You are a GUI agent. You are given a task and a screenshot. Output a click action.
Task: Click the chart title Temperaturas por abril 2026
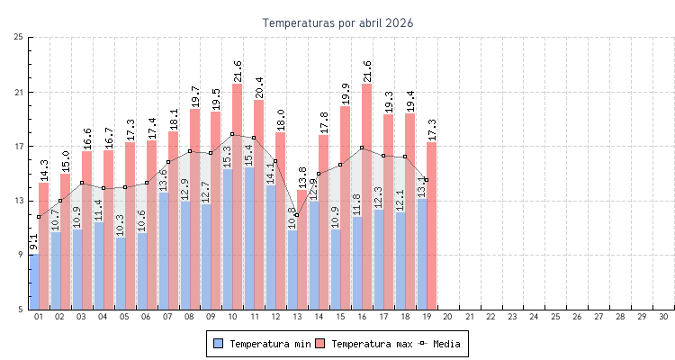point(337,22)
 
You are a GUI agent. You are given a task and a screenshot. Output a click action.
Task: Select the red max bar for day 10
point(238,198)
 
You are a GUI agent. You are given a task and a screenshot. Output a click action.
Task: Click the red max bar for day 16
point(367,198)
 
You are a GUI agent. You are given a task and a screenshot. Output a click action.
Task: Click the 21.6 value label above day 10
point(238,71)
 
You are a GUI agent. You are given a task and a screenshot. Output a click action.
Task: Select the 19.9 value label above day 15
point(346,94)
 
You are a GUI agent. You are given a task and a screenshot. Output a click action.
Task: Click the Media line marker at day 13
point(297,216)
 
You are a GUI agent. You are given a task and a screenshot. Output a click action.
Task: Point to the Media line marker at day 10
point(232,134)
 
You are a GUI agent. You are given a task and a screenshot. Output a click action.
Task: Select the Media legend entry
point(440,344)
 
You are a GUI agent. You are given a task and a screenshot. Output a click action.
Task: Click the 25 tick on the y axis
point(19,37)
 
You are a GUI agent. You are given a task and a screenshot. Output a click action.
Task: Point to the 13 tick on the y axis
point(19,201)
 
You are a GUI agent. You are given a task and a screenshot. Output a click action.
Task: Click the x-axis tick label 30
point(663,317)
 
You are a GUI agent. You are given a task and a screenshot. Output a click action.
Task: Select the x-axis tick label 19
point(427,317)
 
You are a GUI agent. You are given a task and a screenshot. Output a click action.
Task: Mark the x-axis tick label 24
point(534,317)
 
